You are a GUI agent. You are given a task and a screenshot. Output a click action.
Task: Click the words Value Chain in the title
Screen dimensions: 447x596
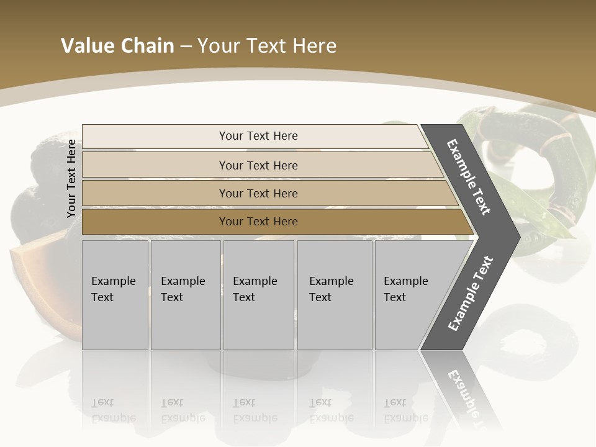(117, 46)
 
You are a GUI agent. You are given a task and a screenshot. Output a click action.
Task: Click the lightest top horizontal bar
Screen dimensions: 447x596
(155, 136)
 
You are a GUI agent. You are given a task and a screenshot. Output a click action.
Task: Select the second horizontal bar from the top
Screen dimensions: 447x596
(155, 165)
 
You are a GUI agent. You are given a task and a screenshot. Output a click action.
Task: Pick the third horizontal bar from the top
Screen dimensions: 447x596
(155, 193)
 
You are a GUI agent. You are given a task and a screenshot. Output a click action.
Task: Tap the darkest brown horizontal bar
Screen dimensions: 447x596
(155, 222)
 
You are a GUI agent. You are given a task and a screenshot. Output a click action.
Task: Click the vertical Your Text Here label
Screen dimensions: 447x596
(71, 178)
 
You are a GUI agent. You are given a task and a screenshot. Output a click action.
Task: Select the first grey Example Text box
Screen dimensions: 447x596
(115, 295)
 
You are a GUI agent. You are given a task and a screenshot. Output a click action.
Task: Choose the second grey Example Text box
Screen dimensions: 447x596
(186, 295)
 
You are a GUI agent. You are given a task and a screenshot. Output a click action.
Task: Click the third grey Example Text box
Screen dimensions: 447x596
(258, 295)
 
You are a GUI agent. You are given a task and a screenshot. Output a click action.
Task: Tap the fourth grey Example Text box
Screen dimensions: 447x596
(335, 295)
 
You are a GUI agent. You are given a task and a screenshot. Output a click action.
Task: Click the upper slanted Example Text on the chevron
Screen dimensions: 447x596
(469, 177)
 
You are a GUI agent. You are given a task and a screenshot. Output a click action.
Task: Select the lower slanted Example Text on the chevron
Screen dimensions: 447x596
(470, 294)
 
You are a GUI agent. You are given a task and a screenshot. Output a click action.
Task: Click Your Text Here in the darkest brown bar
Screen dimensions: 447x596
(258, 222)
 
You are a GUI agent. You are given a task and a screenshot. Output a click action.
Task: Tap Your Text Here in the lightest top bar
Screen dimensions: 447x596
(258, 136)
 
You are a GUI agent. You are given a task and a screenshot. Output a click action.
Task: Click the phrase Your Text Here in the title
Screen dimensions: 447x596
(267, 46)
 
